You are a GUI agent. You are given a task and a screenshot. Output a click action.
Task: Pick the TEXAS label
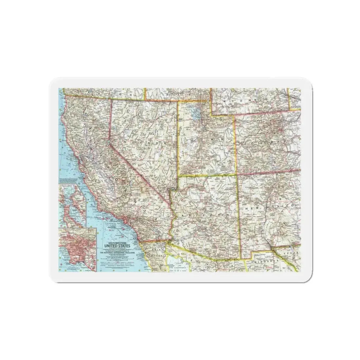pyautogui.click(x=291, y=254)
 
